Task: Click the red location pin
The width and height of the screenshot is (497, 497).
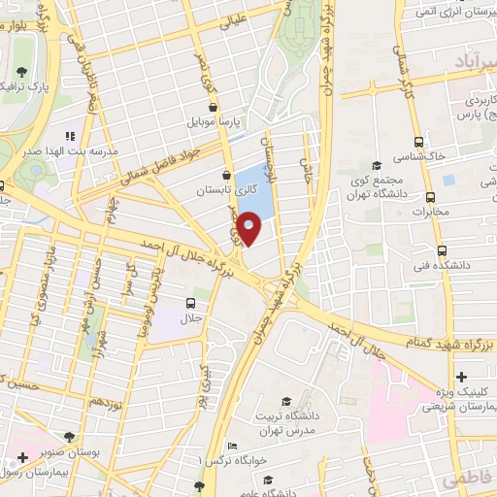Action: (x=249, y=230)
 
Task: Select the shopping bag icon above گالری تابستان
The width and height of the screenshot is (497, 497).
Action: (x=227, y=175)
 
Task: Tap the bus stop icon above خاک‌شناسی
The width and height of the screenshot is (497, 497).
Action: (x=418, y=141)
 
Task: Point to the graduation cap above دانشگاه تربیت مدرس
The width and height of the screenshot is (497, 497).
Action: (x=286, y=402)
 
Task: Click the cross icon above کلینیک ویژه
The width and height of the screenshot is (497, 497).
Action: (x=461, y=376)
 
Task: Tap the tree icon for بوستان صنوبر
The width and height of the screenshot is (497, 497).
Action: (x=69, y=437)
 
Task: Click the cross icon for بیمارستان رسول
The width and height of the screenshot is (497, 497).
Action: (x=22, y=456)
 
